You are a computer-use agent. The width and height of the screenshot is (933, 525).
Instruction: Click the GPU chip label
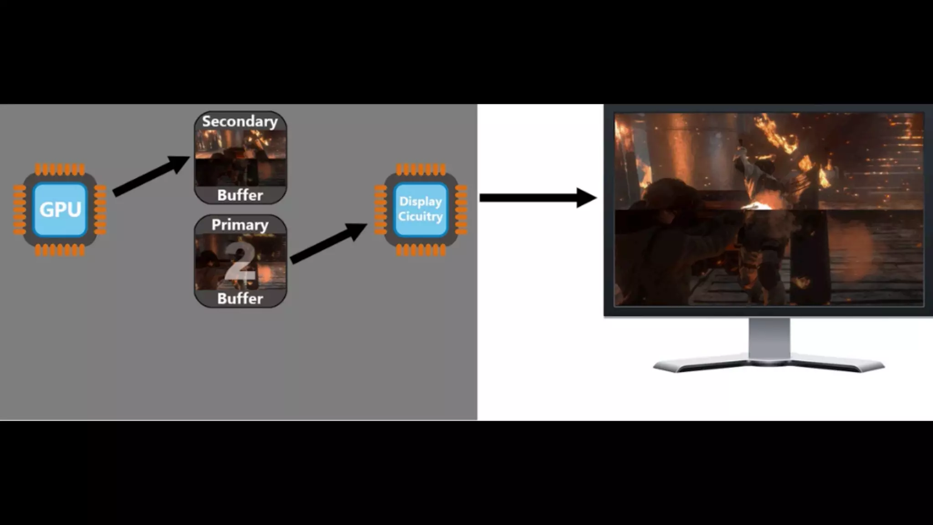60,210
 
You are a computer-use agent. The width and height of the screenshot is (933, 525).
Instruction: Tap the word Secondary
240,121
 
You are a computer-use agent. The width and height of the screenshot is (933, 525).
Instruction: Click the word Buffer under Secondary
240,195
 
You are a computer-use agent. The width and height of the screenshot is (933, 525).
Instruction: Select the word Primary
240,225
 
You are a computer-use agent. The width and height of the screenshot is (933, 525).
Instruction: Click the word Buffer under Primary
240,299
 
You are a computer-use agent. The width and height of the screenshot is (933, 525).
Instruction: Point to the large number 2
240,262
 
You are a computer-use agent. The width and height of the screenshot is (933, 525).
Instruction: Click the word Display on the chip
420,201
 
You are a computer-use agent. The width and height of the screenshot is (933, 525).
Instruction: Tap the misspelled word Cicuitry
420,216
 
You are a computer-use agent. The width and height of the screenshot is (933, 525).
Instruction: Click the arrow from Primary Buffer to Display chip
328,243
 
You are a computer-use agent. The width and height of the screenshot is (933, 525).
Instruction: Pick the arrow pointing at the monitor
538,197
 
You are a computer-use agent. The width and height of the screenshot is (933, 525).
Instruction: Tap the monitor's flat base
769,365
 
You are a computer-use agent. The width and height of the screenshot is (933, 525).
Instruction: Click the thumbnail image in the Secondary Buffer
241,158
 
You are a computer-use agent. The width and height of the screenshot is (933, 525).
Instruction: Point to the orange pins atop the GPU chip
60,170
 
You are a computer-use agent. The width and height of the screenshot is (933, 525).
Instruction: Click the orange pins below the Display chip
420,250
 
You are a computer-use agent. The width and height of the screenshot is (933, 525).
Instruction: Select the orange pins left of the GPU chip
20,210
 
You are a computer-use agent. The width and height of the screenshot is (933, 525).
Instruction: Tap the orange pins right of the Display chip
461,210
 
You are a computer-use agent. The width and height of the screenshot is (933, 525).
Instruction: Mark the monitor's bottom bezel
769,311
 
